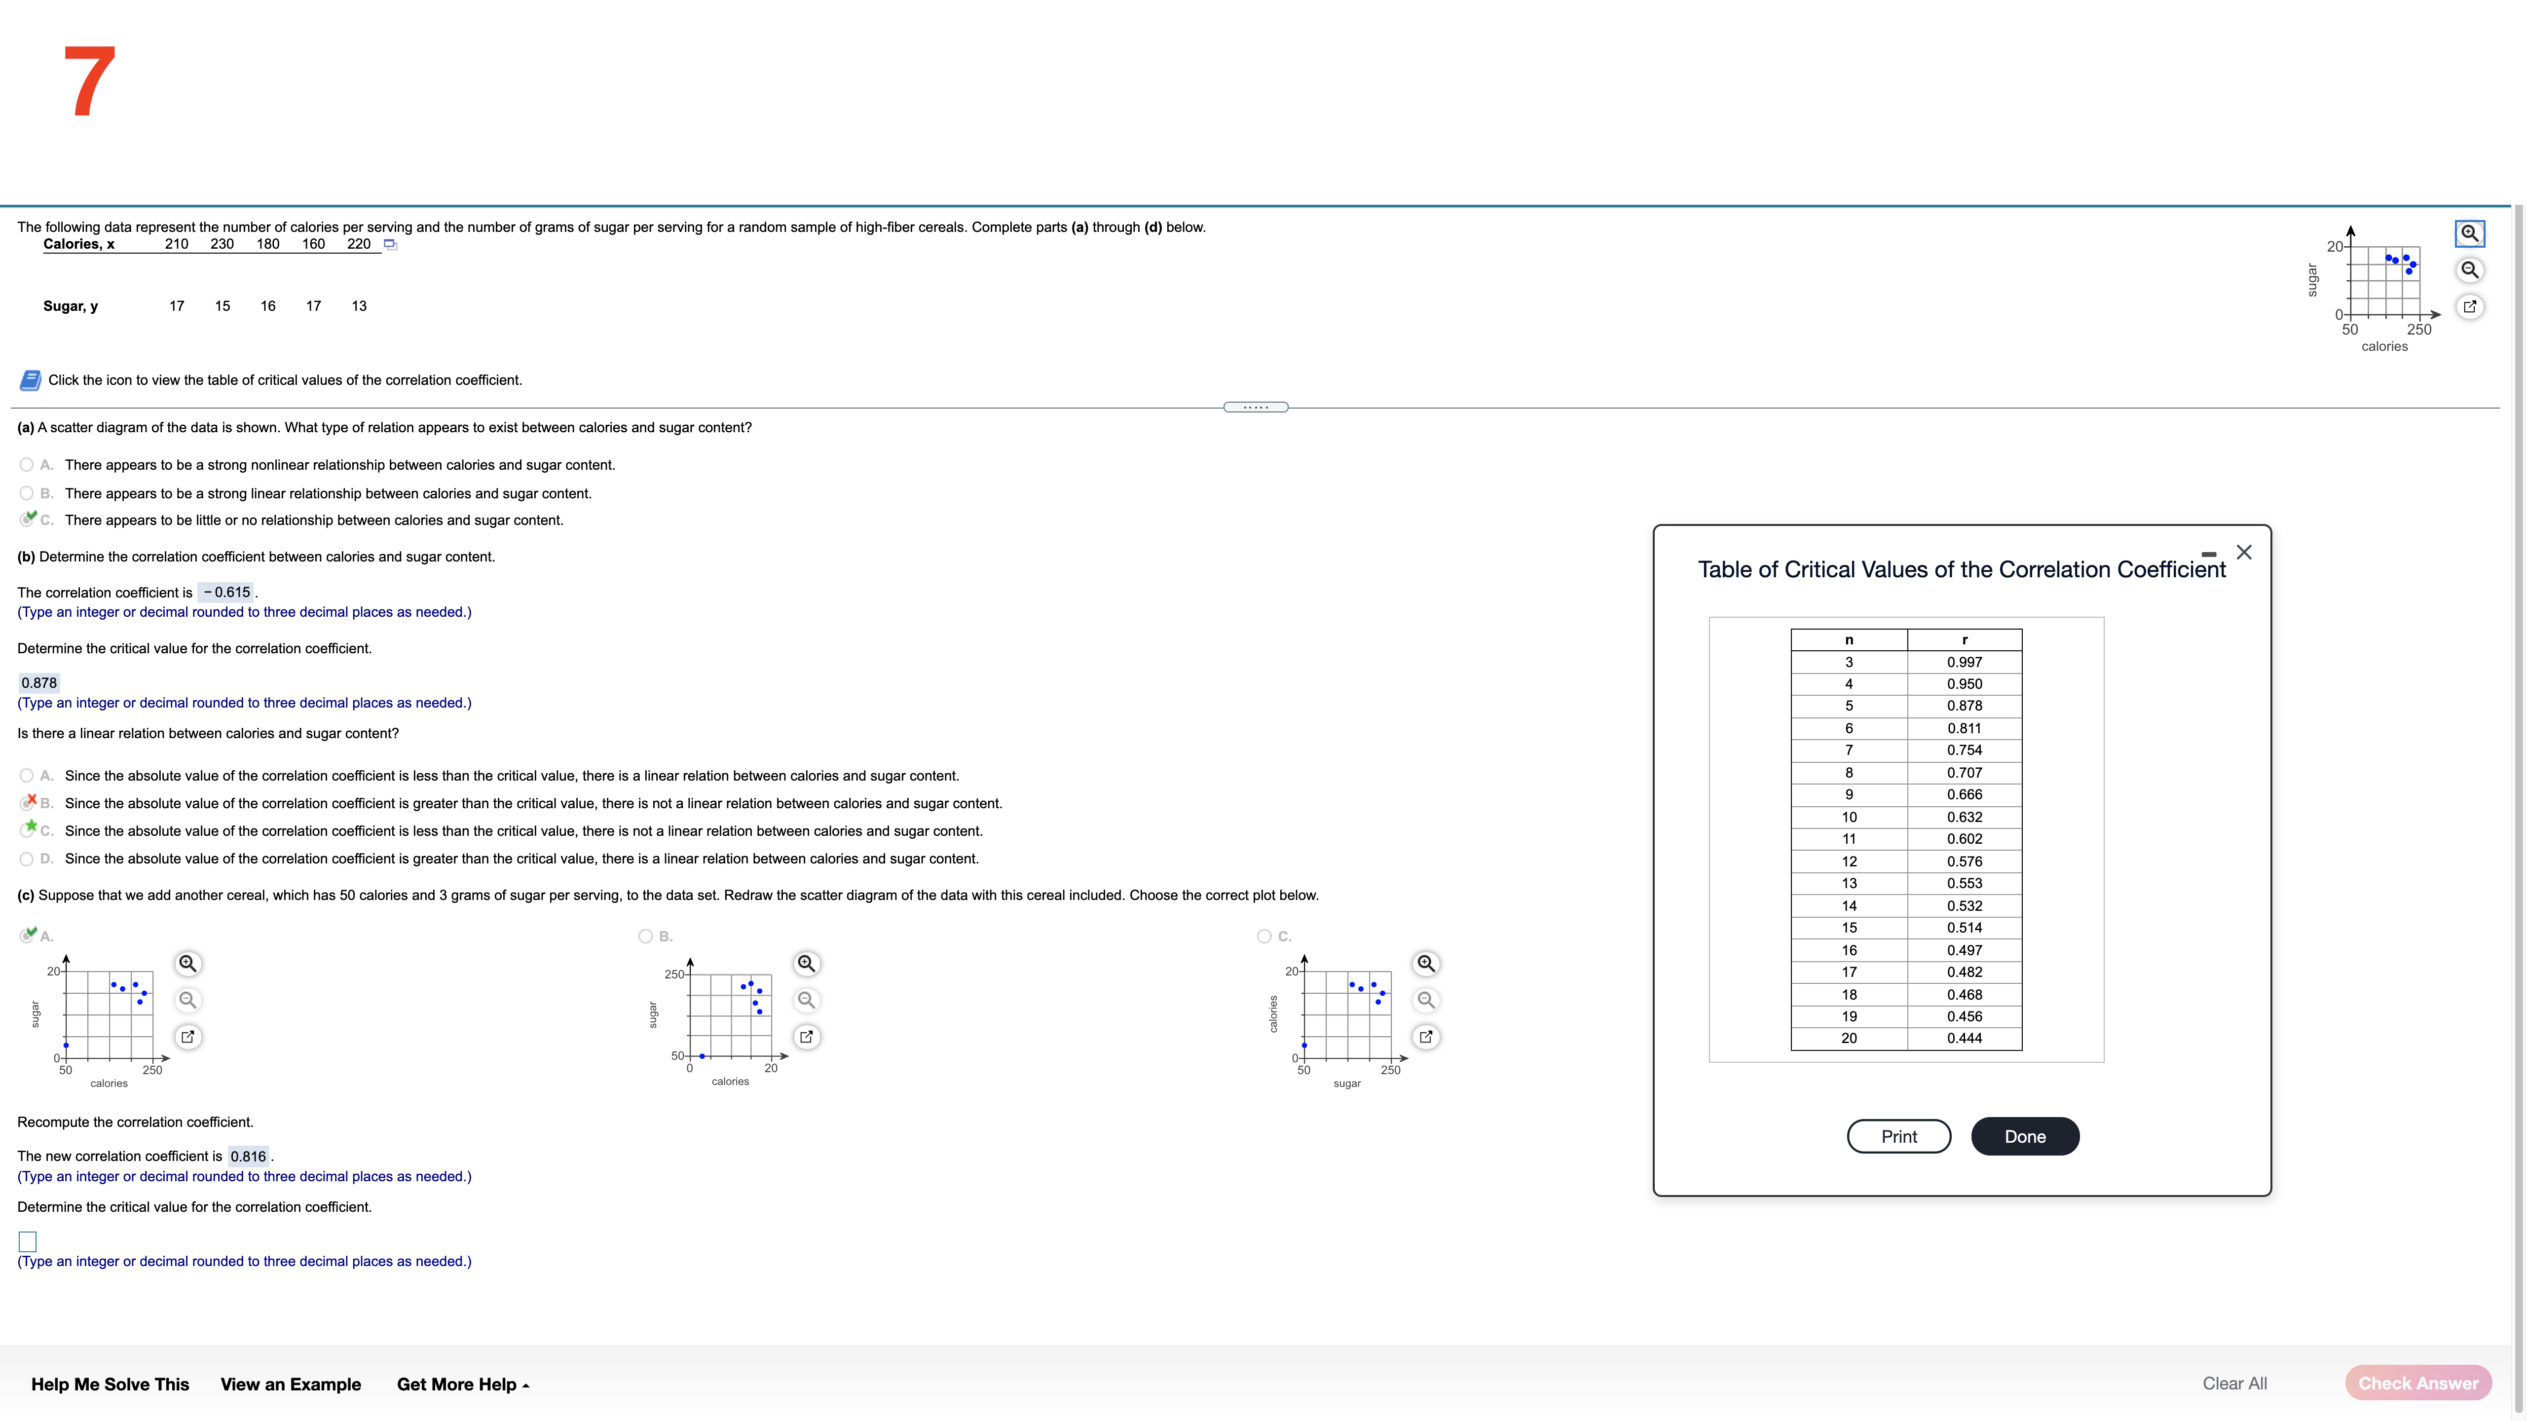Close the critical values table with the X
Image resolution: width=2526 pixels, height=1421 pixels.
pyautogui.click(x=2244, y=552)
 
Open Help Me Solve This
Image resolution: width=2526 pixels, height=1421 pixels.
pyautogui.click(x=110, y=1384)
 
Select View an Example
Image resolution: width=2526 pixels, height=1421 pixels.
pyautogui.click(x=290, y=1384)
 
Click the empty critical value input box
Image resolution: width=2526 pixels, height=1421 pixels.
pyautogui.click(x=28, y=1240)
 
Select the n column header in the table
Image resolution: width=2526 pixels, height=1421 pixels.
pyautogui.click(x=1849, y=639)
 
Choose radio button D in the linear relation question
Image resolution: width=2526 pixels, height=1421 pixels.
pyautogui.click(x=27, y=859)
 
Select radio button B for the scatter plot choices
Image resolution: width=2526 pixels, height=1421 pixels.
pyautogui.click(x=645, y=936)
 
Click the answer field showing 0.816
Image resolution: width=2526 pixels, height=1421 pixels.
pyautogui.click(x=248, y=1156)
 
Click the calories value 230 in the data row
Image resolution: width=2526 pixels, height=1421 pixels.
pyautogui.click(x=222, y=244)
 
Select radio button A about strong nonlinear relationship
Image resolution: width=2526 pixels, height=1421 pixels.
pyautogui.click(x=27, y=465)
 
